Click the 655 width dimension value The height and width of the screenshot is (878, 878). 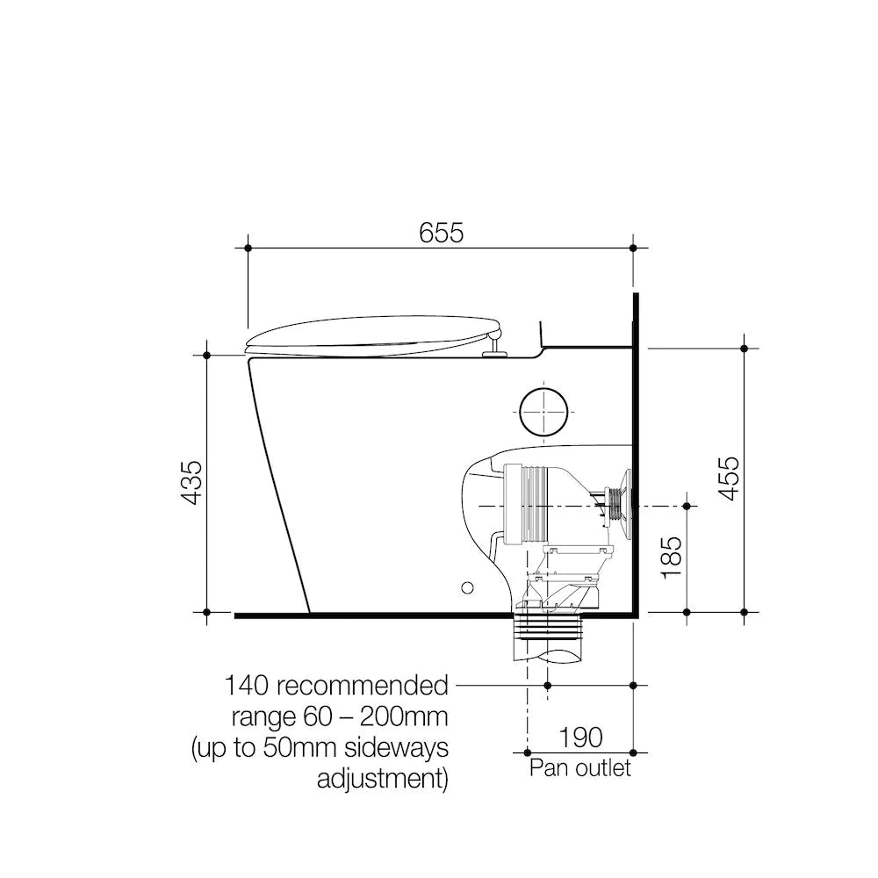(441, 233)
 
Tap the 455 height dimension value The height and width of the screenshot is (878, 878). (729, 479)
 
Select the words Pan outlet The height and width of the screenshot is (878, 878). (579, 768)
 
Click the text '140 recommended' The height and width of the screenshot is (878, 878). (336, 684)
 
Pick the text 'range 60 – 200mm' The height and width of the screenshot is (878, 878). (340, 716)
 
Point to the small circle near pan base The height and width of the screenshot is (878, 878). (468, 586)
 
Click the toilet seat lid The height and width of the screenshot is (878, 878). (373, 334)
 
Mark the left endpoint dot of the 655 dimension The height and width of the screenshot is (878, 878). (248, 248)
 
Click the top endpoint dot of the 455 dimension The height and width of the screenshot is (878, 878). (744, 349)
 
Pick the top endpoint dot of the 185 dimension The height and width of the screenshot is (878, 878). (686, 506)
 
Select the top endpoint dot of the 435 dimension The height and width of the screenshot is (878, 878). (206, 355)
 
